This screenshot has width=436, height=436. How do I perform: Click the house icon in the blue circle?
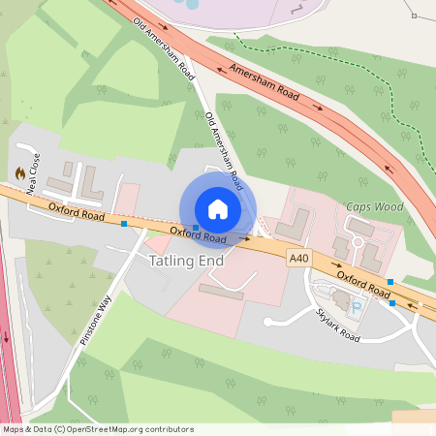218,208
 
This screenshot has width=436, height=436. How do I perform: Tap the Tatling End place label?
186,262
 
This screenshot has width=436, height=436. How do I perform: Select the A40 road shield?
299,257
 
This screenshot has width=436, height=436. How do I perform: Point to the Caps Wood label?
374,207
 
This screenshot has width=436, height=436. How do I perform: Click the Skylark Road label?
338,325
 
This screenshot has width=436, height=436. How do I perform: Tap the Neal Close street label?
34,173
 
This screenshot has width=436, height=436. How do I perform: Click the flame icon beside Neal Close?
20,173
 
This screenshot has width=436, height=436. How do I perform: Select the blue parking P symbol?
356,308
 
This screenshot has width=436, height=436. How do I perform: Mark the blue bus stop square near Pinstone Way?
124,226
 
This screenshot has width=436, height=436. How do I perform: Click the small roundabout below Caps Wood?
357,240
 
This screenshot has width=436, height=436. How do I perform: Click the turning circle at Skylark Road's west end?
268,321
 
